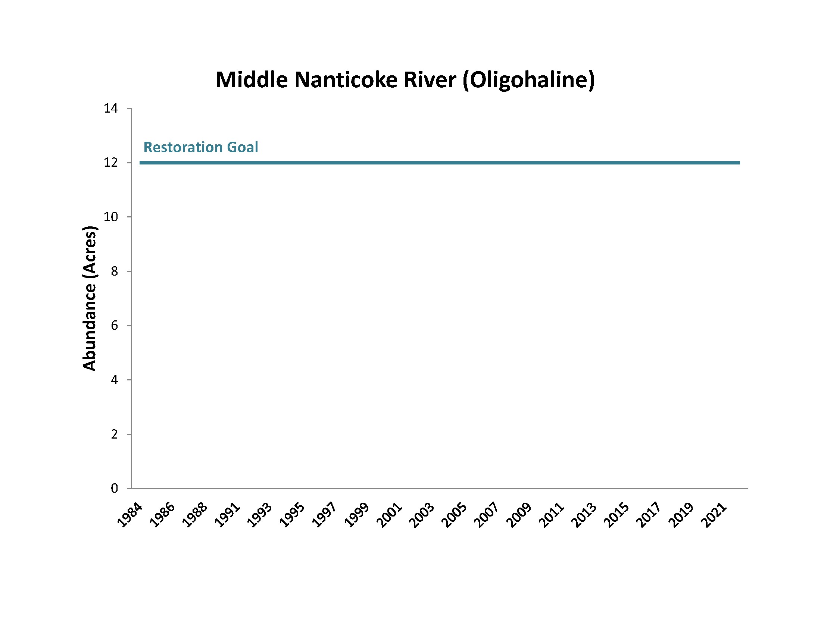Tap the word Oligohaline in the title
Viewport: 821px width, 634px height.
click(529, 80)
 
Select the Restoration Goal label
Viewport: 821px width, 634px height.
click(201, 147)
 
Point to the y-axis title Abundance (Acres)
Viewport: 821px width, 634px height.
click(90, 298)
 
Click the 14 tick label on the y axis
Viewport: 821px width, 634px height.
click(111, 109)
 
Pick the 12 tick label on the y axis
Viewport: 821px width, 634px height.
click(111, 163)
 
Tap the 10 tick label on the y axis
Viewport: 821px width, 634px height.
click(111, 217)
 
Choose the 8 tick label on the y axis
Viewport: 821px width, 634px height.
click(114, 271)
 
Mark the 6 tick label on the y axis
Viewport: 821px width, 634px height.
click(114, 325)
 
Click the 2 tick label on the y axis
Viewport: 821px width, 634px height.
click(114, 434)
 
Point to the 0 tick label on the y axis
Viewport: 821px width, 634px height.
click(114, 488)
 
